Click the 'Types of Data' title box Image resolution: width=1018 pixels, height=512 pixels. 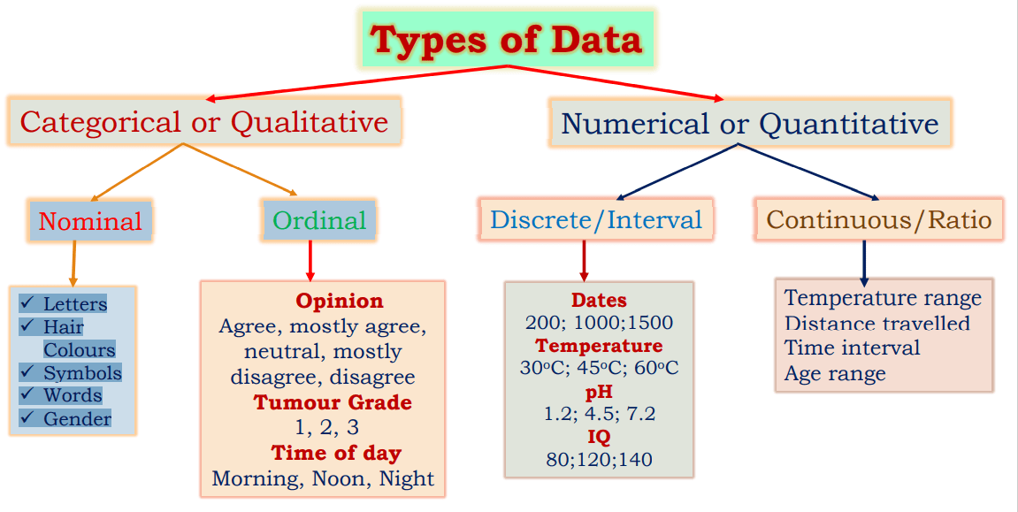tap(507, 41)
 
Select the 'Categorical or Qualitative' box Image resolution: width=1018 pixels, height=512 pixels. tap(204, 121)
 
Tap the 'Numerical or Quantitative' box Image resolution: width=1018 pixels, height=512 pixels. tap(750, 123)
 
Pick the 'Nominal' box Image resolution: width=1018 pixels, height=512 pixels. tap(90, 221)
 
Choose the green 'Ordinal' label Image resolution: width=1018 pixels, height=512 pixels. tap(319, 220)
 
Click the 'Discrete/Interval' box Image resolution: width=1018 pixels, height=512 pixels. tap(596, 219)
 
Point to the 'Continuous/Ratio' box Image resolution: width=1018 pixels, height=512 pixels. tap(879, 219)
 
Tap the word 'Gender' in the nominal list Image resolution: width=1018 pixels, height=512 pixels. tap(78, 419)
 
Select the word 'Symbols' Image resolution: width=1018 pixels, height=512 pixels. tap(82, 373)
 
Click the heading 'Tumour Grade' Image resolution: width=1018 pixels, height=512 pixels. tap(333, 402)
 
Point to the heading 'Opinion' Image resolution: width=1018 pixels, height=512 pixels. tap(340, 301)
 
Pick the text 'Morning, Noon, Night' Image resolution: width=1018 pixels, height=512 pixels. tap(323, 478)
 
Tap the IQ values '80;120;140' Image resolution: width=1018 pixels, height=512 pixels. tap(599, 459)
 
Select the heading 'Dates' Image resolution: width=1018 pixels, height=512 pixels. tap(599, 300)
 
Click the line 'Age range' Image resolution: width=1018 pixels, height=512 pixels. tap(835, 373)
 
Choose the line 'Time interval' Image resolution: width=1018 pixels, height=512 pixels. tap(852, 348)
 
